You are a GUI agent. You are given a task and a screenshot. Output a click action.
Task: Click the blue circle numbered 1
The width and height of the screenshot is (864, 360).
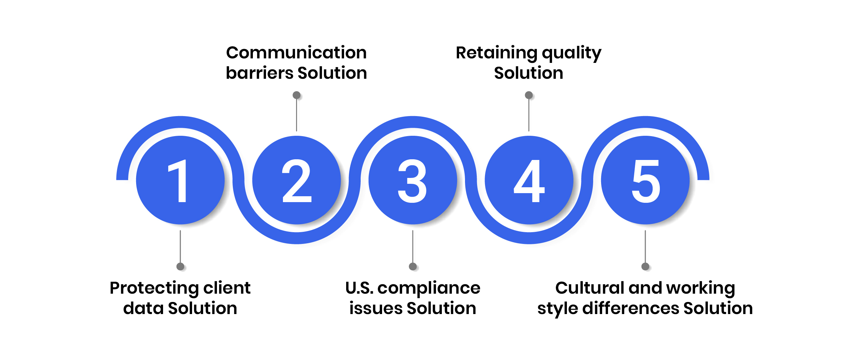click(x=180, y=180)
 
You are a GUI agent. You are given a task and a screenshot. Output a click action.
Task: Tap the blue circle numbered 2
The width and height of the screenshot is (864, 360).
click(x=296, y=180)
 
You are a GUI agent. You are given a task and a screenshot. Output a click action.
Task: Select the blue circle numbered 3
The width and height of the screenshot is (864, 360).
click(x=412, y=180)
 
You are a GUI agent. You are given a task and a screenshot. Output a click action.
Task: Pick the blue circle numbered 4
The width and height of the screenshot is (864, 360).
click(x=529, y=180)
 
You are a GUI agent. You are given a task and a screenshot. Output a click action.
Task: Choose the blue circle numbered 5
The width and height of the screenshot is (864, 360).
click(x=645, y=180)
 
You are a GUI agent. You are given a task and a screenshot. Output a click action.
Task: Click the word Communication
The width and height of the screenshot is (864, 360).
click(x=296, y=53)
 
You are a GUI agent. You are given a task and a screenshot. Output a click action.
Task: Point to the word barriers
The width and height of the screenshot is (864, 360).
click(x=259, y=73)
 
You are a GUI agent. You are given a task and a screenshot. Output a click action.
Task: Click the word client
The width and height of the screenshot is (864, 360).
click(x=227, y=288)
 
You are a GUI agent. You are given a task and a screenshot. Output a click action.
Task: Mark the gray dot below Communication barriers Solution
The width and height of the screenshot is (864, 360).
click(x=296, y=95)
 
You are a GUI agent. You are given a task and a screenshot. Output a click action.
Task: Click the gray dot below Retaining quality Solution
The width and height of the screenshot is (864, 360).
click(x=529, y=95)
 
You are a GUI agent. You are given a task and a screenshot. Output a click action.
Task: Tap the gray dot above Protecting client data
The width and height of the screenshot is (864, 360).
click(x=180, y=266)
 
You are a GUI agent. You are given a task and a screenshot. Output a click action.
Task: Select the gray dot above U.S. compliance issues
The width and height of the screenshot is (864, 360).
click(x=412, y=266)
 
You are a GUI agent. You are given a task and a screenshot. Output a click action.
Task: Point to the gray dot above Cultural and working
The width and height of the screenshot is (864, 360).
click(x=645, y=266)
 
